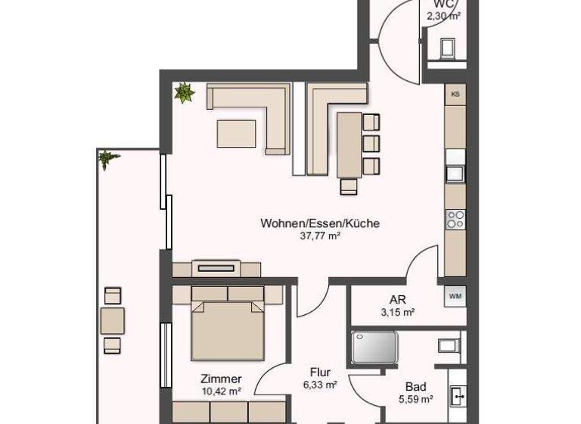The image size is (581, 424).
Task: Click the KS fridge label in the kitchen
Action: coord(455,95)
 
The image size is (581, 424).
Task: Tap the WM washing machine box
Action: coord(455,295)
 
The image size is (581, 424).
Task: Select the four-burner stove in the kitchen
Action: coord(455,220)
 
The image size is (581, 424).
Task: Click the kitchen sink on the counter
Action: coord(455,173)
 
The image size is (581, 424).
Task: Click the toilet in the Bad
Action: coord(448,346)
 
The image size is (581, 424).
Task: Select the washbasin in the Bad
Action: coord(457,394)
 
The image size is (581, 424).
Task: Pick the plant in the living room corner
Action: coord(184,93)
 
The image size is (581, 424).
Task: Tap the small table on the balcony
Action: coord(113,320)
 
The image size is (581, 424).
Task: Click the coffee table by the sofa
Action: coord(237,132)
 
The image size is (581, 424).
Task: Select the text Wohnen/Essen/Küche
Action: coord(319,223)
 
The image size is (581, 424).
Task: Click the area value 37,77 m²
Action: coord(319,236)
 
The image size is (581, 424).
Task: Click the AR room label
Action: coord(397,299)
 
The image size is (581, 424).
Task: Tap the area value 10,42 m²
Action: coord(221,391)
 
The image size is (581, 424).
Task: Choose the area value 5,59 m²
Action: coord(415,399)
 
